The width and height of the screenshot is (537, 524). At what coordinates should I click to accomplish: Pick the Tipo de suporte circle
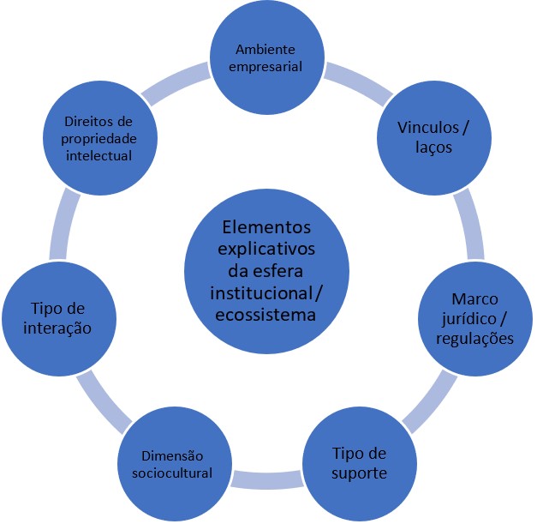pyautogui.click(x=357, y=464)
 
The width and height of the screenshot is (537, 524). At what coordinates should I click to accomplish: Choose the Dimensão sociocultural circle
pyautogui.click(x=176, y=464)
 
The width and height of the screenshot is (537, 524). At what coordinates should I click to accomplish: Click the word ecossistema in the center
pyautogui.click(x=267, y=315)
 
